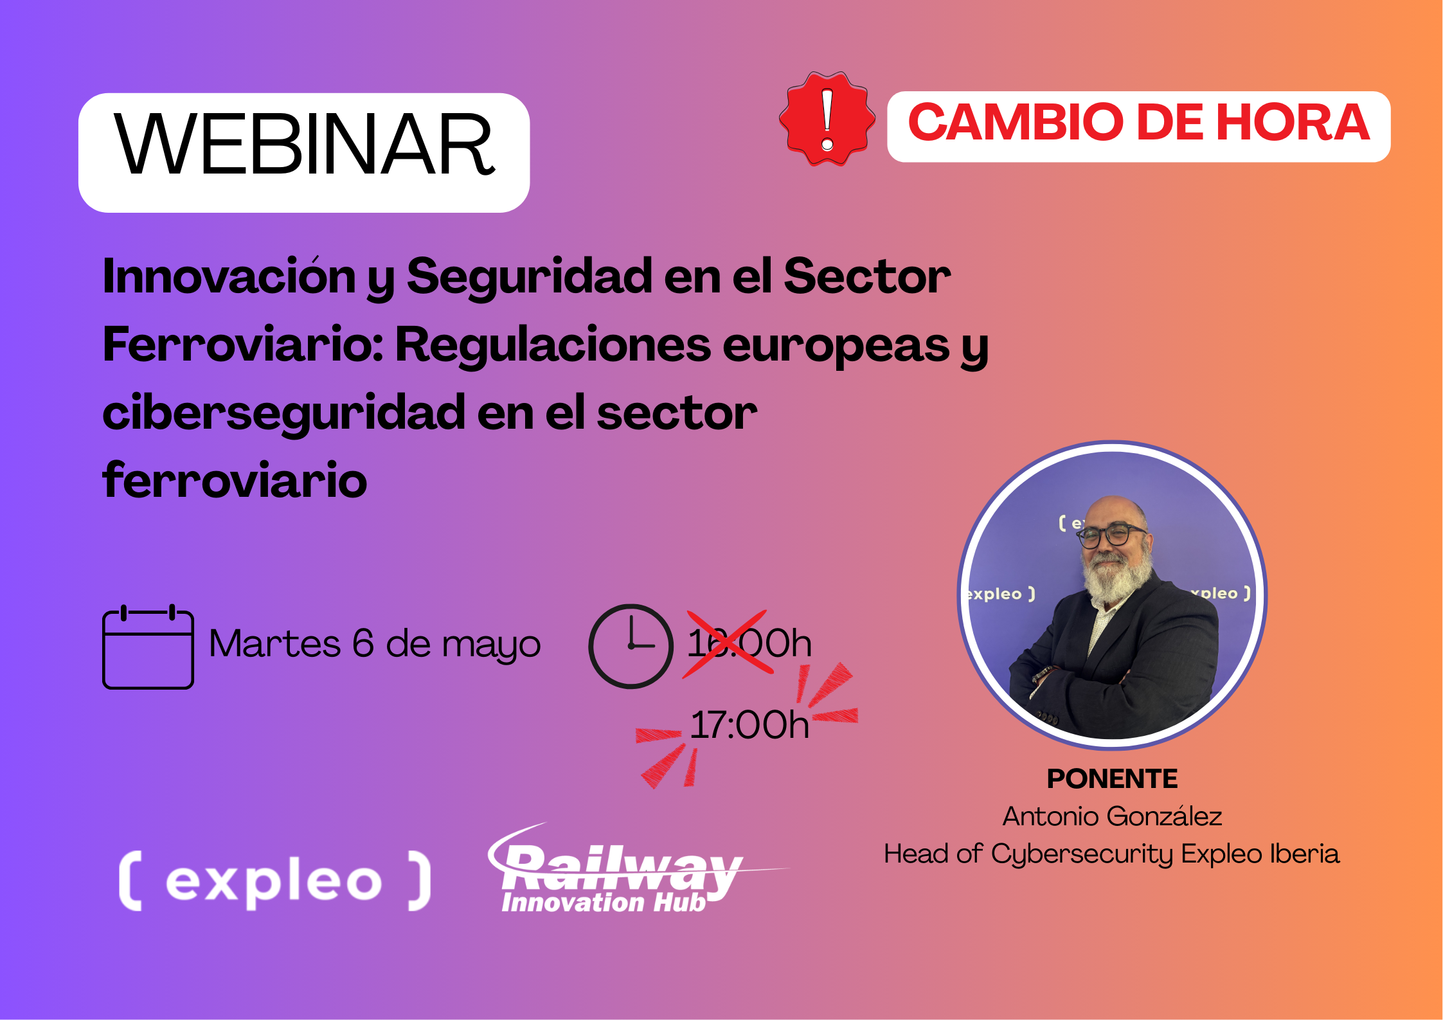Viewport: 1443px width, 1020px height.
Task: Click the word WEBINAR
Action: click(x=304, y=144)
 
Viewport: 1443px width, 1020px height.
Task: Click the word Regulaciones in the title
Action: click(x=553, y=344)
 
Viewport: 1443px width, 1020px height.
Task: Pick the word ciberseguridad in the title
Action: click(x=283, y=413)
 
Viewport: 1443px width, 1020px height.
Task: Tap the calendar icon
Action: click(x=148, y=647)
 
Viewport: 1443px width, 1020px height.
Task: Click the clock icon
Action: click(x=631, y=646)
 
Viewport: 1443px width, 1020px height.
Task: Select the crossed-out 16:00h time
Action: click(x=749, y=643)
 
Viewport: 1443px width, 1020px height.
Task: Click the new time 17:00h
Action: click(x=749, y=724)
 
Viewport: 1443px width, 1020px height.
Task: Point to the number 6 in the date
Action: click(x=363, y=643)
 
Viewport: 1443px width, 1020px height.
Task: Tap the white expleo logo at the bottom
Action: click(x=275, y=881)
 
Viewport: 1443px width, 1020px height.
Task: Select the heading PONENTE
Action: click(x=1112, y=778)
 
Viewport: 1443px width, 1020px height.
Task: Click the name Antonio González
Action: click(x=1112, y=816)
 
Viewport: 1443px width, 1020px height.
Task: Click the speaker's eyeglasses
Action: click(x=1111, y=535)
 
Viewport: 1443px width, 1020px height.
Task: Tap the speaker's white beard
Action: click(x=1117, y=575)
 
